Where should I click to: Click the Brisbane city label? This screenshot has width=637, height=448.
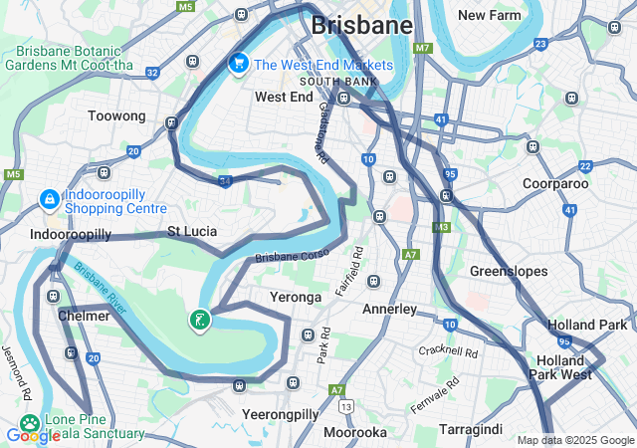click(x=361, y=25)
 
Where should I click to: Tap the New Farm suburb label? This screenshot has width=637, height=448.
click(x=490, y=15)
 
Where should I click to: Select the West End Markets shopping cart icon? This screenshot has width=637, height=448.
click(x=238, y=64)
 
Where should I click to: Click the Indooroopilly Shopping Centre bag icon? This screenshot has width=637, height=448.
click(x=48, y=200)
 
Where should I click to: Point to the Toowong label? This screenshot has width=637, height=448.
click(x=116, y=116)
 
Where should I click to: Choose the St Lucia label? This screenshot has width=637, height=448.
click(x=192, y=231)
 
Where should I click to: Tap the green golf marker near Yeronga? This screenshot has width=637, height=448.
click(x=200, y=321)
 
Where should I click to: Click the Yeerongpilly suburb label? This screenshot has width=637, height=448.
click(x=280, y=413)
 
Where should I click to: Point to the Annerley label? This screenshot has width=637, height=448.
click(x=388, y=309)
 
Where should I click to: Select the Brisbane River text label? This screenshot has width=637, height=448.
click(x=100, y=289)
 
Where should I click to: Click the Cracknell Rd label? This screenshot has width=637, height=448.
click(x=449, y=351)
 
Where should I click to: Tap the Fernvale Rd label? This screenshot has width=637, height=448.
click(x=435, y=394)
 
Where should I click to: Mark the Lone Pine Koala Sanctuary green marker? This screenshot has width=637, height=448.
click(x=30, y=423)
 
